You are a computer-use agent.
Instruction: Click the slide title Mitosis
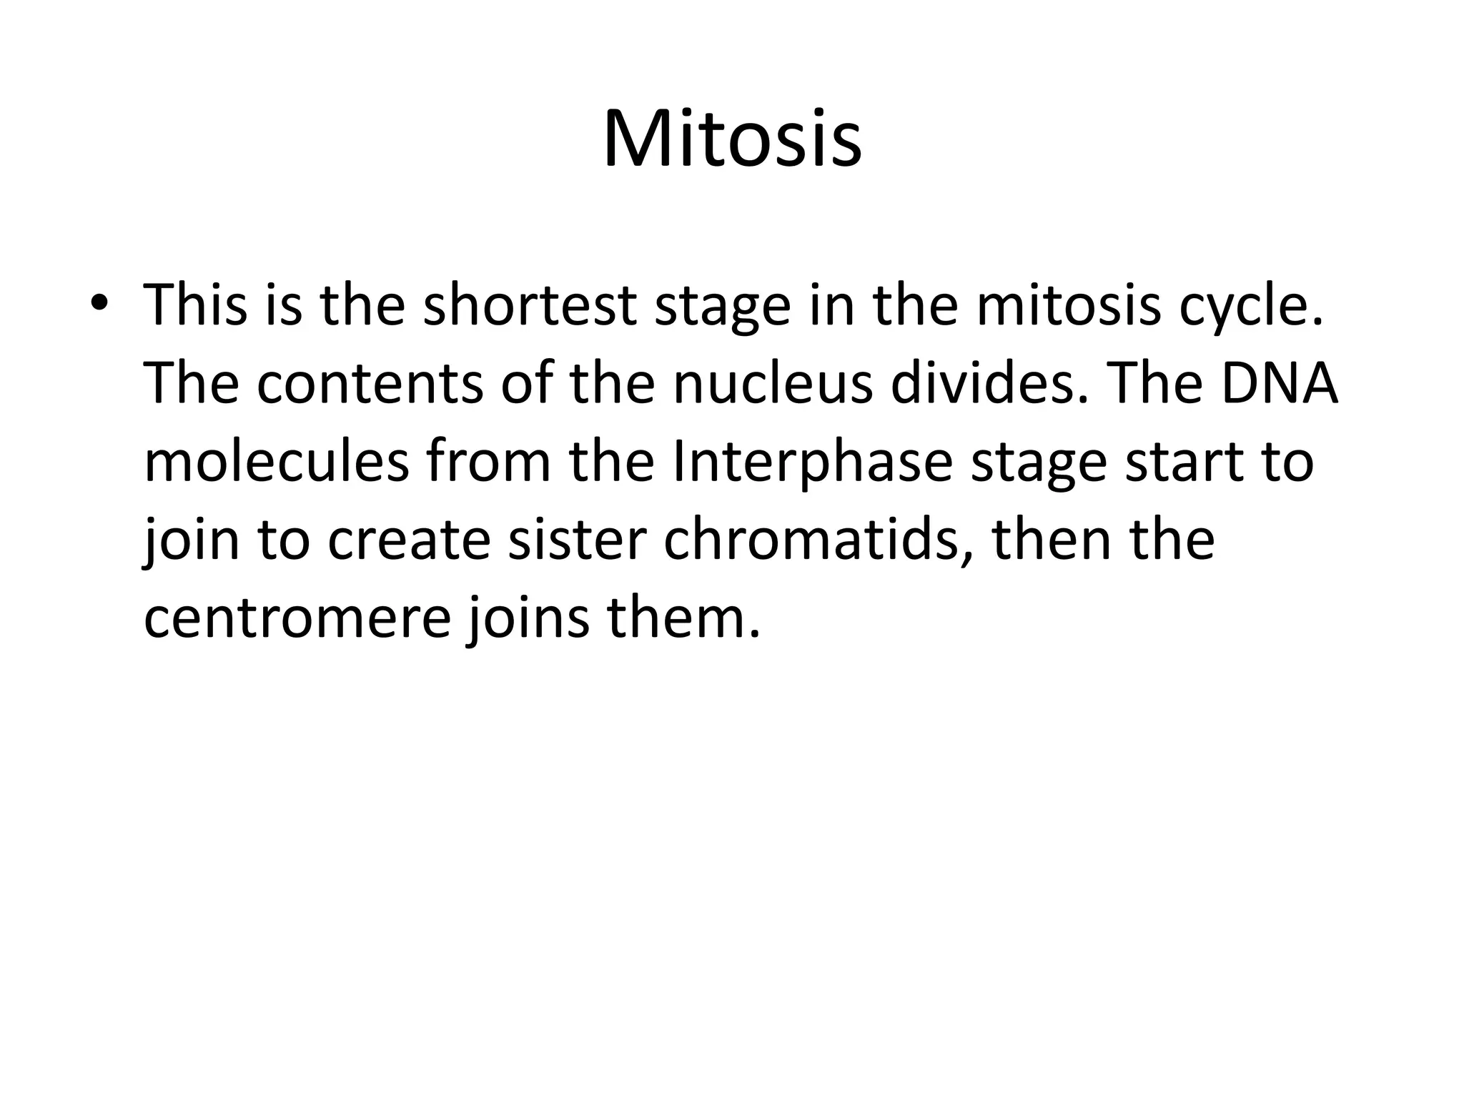[x=732, y=139]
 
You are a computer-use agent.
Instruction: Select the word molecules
[x=277, y=462]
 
